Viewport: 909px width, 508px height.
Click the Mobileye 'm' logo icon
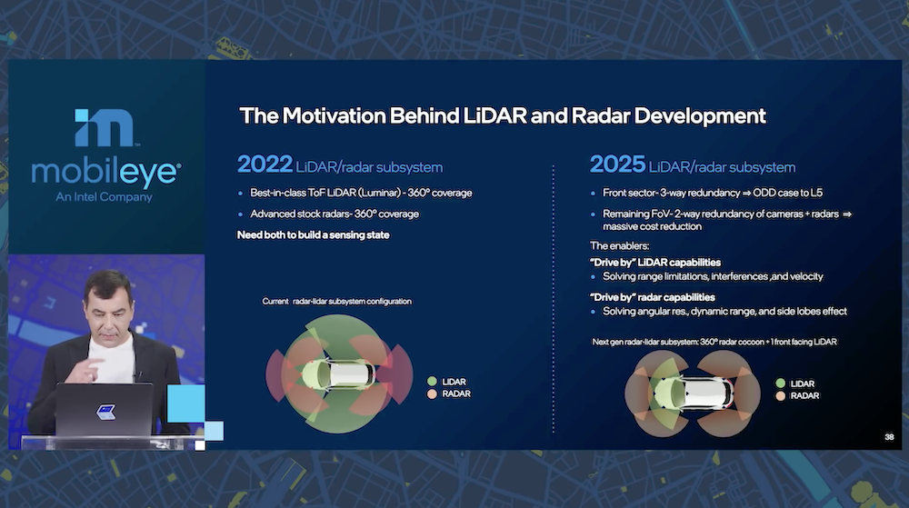tap(105, 127)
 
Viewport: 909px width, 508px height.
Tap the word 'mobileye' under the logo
tap(106, 173)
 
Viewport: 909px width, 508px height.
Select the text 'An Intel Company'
tap(105, 197)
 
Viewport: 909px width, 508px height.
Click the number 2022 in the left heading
tap(265, 164)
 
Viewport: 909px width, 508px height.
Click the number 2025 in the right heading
tap(617, 164)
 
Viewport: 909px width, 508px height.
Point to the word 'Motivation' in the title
tap(334, 115)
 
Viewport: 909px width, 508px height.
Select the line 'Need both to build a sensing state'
tap(313, 234)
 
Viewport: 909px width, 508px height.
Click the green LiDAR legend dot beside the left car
tap(432, 381)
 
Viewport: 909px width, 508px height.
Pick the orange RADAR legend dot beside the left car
tap(432, 393)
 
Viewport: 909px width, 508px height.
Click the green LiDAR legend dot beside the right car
tap(780, 383)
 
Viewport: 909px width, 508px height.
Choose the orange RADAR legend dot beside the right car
tap(780, 395)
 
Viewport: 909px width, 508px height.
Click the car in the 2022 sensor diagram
tap(339, 374)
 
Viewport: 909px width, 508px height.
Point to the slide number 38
tap(889, 437)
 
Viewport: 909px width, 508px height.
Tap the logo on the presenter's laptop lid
tap(105, 412)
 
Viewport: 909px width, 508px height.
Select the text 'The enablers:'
tap(619, 245)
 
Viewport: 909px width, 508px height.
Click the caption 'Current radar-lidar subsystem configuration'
tap(337, 301)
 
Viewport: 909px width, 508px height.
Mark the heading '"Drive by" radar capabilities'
tap(652, 297)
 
